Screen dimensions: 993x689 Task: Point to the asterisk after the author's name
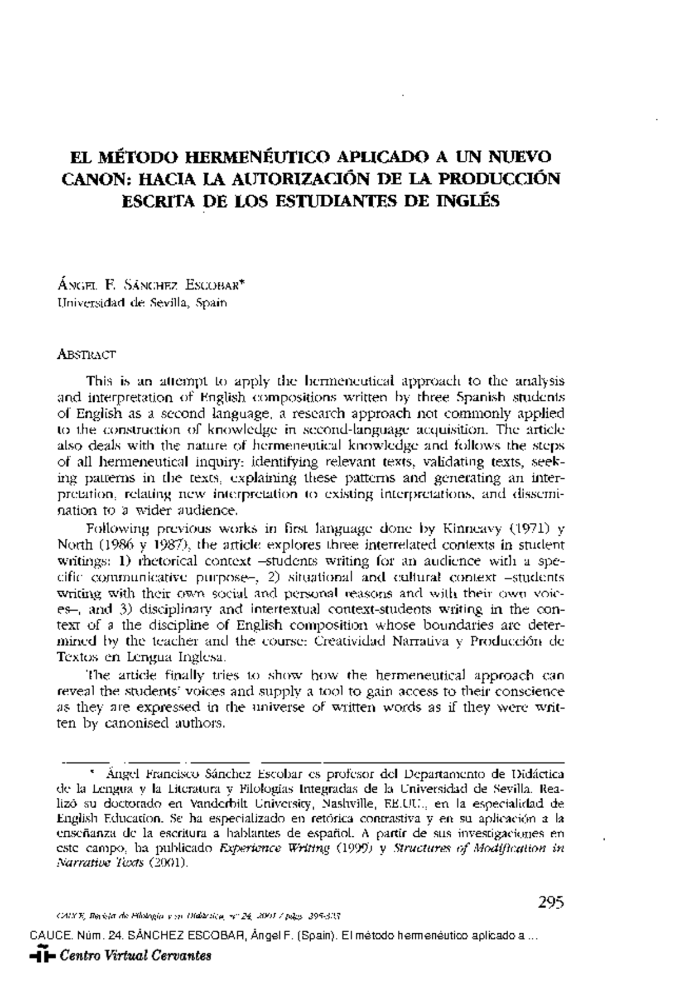pyautogui.click(x=243, y=282)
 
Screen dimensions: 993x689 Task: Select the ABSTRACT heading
pyautogui.click(x=87, y=355)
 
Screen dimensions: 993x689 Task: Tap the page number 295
pyautogui.click(x=551, y=902)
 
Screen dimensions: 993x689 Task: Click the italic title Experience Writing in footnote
pyautogui.click(x=274, y=848)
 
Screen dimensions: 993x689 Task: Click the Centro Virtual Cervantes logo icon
pyautogui.click(x=42, y=956)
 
